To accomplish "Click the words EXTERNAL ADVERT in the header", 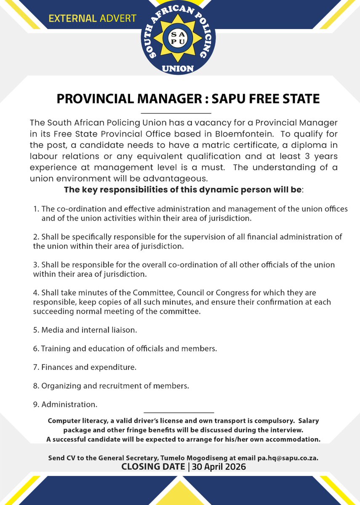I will [93, 19].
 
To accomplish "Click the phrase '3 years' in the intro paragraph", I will [324, 156].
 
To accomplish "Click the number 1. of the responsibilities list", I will [36, 209].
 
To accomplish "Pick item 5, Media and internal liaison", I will [89, 330].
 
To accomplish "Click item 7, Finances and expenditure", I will [89, 367].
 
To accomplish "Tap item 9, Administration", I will [69, 404].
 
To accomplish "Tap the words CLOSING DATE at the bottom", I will [153, 467].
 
